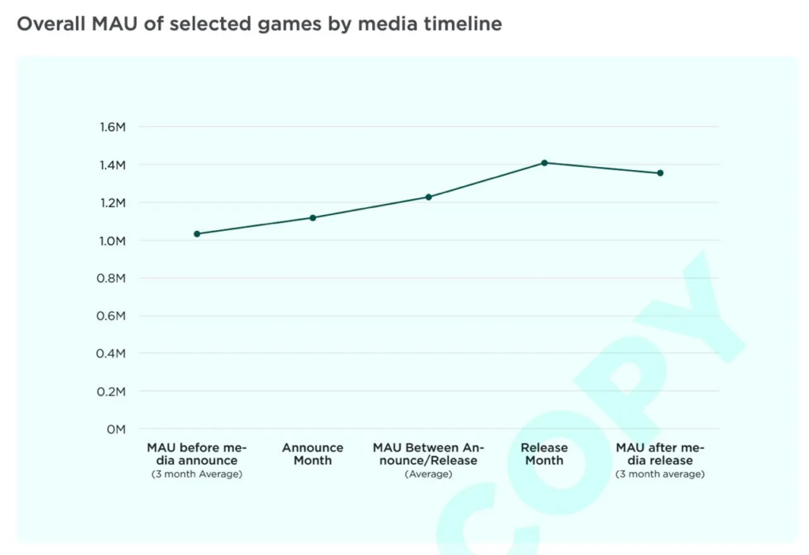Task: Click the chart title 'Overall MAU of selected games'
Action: click(259, 25)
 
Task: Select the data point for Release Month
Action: click(544, 163)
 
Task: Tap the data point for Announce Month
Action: click(313, 217)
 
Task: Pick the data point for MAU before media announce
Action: click(197, 234)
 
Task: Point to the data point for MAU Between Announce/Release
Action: click(429, 197)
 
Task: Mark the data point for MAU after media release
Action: click(660, 173)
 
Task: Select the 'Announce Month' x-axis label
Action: click(313, 454)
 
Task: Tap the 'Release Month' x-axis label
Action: click(544, 454)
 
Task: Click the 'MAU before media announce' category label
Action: click(197, 454)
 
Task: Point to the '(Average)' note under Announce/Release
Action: click(428, 474)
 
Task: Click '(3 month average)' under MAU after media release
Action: click(660, 474)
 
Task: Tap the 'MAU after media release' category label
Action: click(660, 454)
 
